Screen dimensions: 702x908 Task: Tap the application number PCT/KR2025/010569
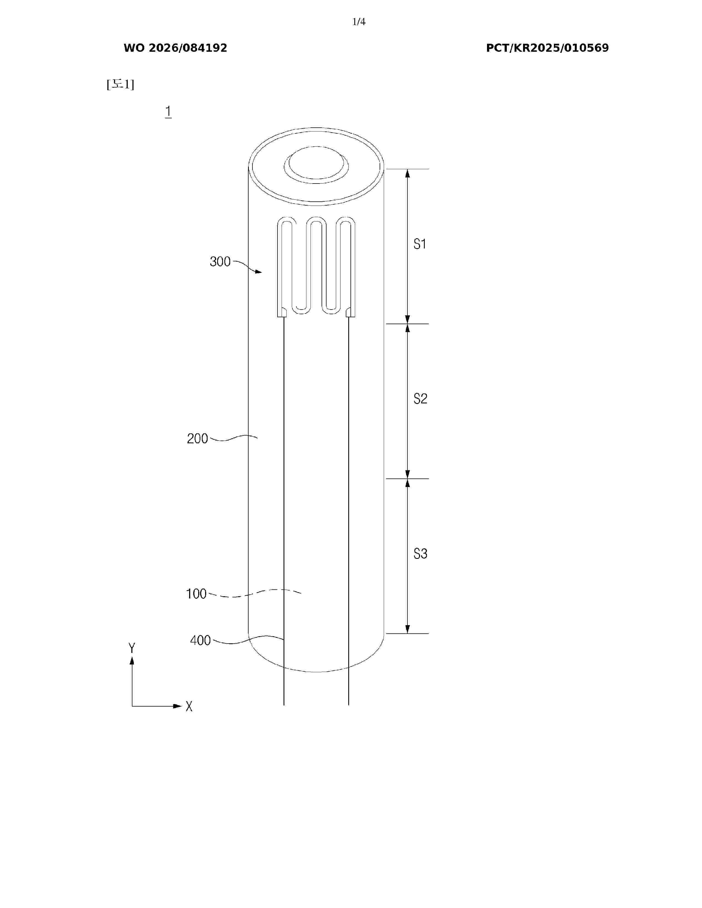tap(547, 48)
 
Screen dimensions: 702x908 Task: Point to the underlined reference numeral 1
tap(168, 111)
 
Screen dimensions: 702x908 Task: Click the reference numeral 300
tap(220, 261)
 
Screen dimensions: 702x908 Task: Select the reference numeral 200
tap(197, 439)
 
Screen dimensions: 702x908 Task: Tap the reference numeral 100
tap(196, 594)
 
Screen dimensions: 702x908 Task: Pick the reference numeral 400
tap(200, 640)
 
